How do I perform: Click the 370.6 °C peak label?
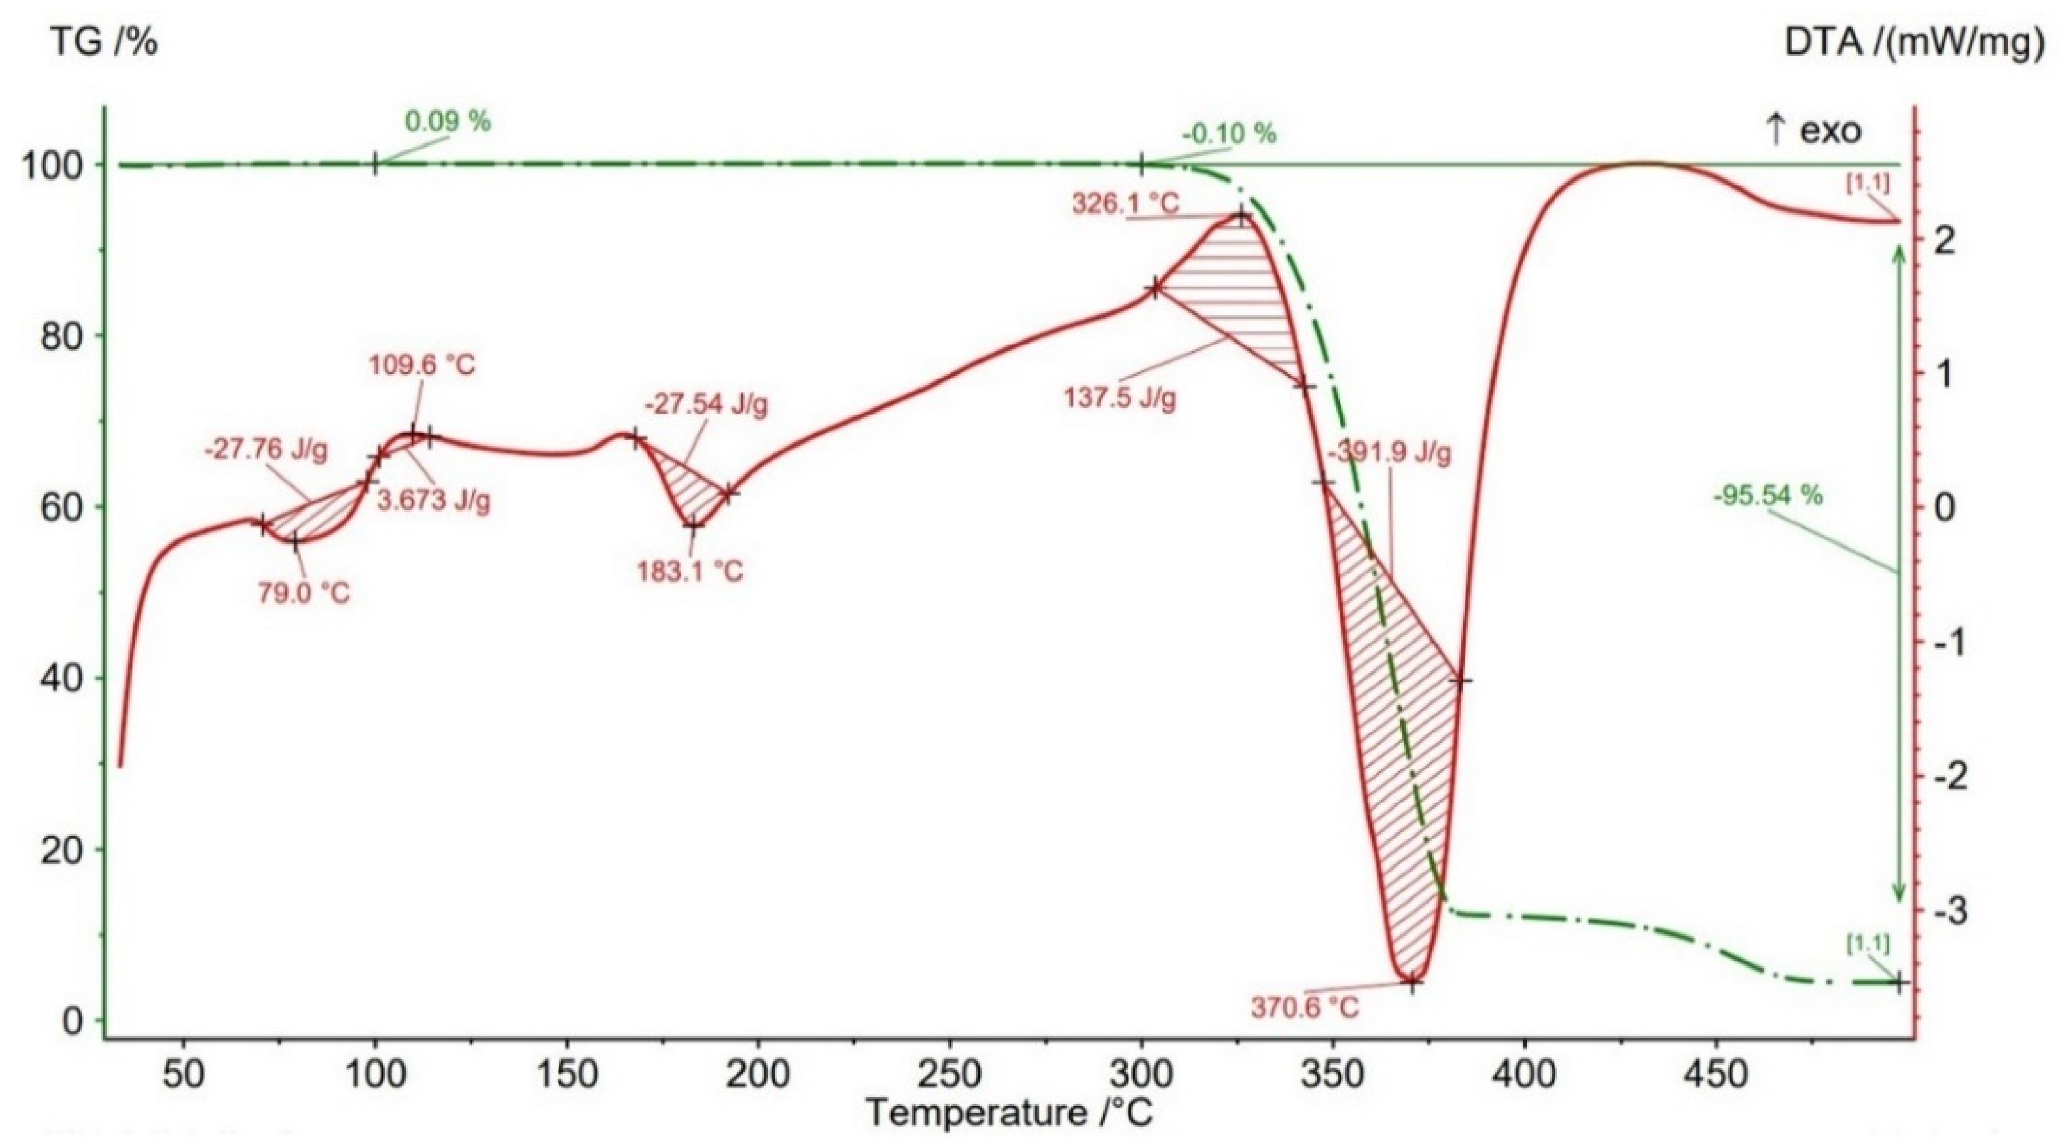click(x=1305, y=1007)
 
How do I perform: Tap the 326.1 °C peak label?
click(x=1125, y=205)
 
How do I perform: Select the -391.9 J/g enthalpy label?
click(x=1390, y=453)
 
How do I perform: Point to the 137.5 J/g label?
click(x=1120, y=398)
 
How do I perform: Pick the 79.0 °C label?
click(x=303, y=593)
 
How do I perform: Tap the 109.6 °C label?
click(x=421, y=366)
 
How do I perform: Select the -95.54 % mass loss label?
click(x=1768, y=496)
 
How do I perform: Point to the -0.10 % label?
click(x=1228, y=133)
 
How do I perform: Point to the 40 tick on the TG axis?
click(x=62, y=679)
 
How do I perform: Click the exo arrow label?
click(x=1812, y=130)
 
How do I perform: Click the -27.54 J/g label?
click(x=706, y=405)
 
